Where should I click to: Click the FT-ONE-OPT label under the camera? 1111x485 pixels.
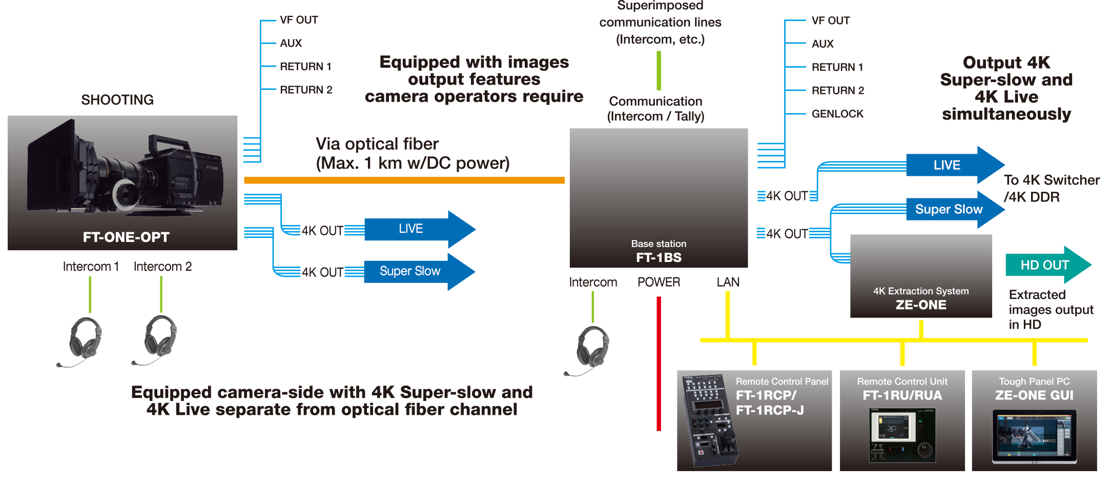126,237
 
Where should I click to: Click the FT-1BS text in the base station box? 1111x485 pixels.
659,257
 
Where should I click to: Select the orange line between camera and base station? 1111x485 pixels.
405,180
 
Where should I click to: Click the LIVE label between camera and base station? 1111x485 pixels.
410,229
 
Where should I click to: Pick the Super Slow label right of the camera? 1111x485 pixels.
409,271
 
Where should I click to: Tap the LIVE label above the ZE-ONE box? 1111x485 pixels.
947,165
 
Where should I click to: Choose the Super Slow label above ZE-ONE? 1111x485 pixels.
949,209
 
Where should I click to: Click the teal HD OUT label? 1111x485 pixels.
1044,265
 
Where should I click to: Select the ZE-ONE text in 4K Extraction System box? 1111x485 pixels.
921,305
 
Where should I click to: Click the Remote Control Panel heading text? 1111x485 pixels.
781,381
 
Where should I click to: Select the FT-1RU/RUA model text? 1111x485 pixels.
902,395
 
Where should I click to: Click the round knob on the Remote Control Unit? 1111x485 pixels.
924,450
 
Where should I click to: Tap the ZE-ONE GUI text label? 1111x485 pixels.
1034,395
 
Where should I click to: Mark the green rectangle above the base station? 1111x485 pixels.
719,71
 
